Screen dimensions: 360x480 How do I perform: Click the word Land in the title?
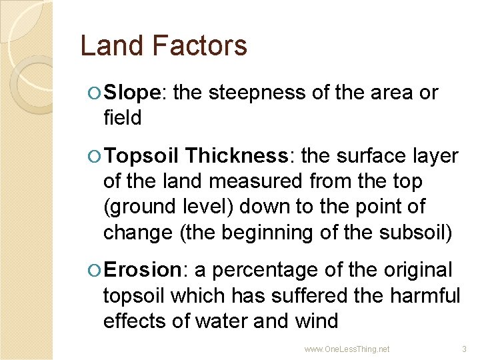pos(107,46)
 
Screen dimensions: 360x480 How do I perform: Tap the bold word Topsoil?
pos(141,156)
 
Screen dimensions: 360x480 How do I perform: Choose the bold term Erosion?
pos(143,270)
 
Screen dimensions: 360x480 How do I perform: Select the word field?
pos(123,118)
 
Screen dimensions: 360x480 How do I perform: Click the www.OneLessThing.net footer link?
pos(347,349)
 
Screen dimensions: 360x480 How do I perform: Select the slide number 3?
pos(465,349)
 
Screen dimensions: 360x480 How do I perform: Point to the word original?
pos(417,270)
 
